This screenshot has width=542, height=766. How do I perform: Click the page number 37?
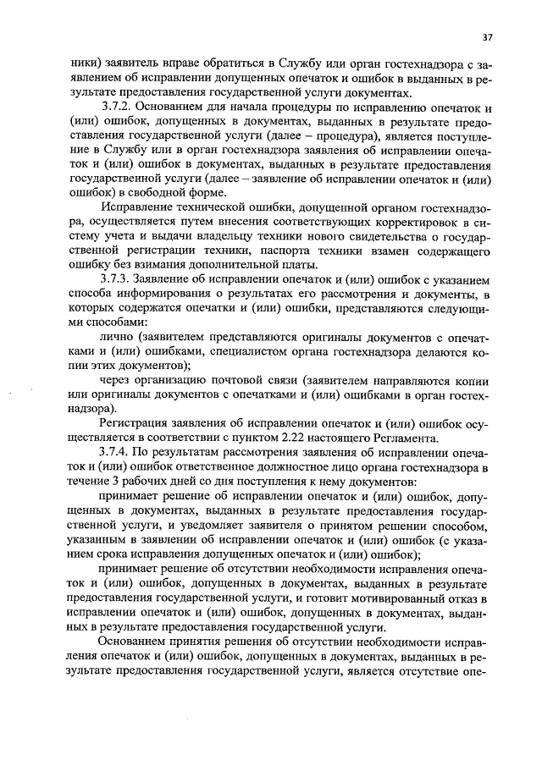coord(488,36)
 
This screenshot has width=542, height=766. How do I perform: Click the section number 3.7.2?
coord(118,109)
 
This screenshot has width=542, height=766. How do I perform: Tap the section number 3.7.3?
coord(118,279)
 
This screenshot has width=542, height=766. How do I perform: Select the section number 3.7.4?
coord(118,451)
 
